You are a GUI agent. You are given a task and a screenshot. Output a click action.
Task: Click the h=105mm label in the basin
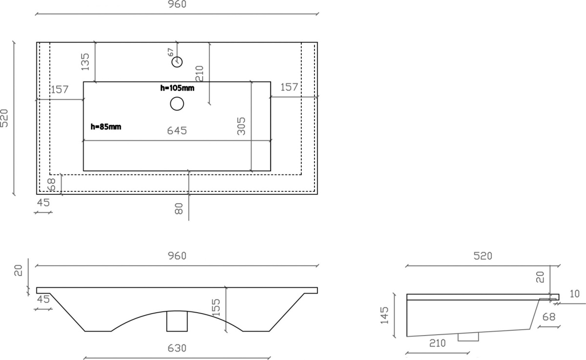(x=177, y=88)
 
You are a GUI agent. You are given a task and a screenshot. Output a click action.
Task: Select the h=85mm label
(x=106, y=127)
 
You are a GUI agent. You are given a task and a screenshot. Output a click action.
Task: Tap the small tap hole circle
(x=177, y=62)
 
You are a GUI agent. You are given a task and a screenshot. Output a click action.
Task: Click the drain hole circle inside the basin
(x=177, y=104)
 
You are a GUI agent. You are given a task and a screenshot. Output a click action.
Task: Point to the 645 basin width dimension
(x=177, y=130)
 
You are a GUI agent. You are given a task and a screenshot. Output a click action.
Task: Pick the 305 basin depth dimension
(x=241, y=126)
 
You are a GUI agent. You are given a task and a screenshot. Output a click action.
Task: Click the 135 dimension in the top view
(x=85, y=62)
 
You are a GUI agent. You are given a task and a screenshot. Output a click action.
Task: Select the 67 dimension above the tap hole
(x=170, y=52)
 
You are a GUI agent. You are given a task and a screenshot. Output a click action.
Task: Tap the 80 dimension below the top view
(x=179, y=209)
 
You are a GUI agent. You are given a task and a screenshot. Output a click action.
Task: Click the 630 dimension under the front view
(x=177, y=348)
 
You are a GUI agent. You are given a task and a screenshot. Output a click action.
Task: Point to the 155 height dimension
(x=216, y=307)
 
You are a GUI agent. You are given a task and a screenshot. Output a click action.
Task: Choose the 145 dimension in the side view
(x=384, y=316)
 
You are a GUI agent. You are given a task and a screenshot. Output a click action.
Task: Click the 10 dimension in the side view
(x=575, y=294)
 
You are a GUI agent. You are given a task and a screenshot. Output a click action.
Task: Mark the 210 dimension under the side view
(x=438, y=343)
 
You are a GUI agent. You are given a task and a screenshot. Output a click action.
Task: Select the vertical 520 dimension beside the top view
(x=4, y=118)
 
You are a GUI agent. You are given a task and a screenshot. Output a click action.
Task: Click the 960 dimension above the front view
(x=177, y=256)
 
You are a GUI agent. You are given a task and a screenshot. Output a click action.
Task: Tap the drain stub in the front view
(x=177, y=321)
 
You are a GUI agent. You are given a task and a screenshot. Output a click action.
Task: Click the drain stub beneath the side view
(x=468, y=337)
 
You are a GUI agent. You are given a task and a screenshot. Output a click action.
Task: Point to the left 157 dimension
(x=60, y=89)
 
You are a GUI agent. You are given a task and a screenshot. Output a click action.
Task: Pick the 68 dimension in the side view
(x=548, y=317)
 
